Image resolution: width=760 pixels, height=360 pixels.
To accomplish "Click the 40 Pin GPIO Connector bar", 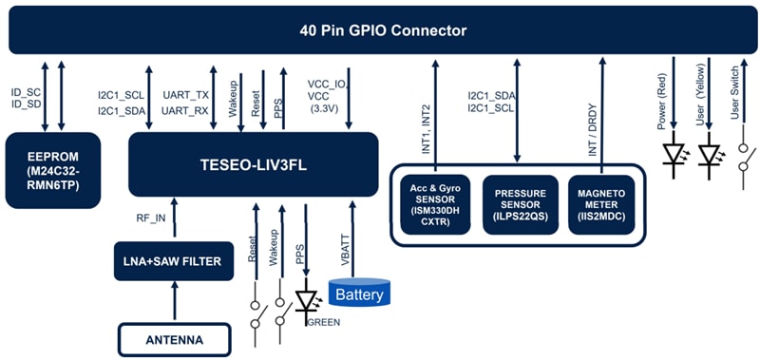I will tap(380, 30).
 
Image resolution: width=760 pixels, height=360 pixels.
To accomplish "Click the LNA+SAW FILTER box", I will tap(174, 261).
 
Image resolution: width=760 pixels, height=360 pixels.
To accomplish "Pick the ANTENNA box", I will tap(174, 338).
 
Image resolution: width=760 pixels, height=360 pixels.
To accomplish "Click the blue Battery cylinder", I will tap(359, 294).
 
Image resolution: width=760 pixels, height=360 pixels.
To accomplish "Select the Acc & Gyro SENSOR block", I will tap(434, 201).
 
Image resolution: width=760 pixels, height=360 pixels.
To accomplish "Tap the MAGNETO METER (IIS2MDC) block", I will tap(600, 201).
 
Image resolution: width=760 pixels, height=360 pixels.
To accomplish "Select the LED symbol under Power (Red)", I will tap(674, 153).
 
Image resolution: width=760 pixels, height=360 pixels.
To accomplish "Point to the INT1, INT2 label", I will tap(427, 129).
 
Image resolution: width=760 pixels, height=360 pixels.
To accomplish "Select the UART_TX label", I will tap(185, 95).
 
